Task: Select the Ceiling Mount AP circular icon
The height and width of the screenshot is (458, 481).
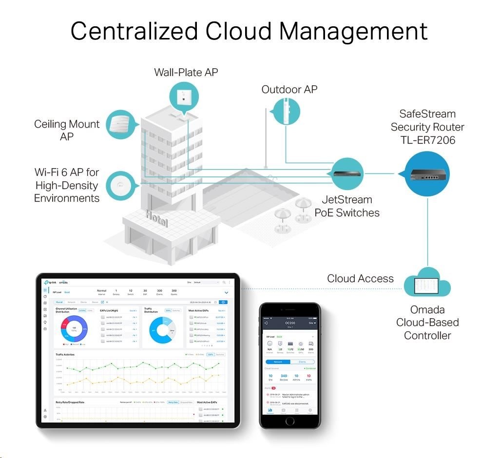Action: pos(119,125)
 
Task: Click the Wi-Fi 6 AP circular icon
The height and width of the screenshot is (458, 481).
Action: pos(119,185)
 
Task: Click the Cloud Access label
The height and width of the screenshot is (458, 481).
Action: pos(360,279)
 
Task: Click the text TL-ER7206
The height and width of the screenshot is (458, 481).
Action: pos(427,140)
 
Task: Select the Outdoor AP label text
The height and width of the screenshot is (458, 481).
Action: pos(289,89)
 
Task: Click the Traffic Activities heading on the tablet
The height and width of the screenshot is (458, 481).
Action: pos(65,354)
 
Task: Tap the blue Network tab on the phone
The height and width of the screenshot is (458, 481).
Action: pos(278,362)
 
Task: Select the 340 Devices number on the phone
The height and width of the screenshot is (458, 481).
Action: pos(284,376)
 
